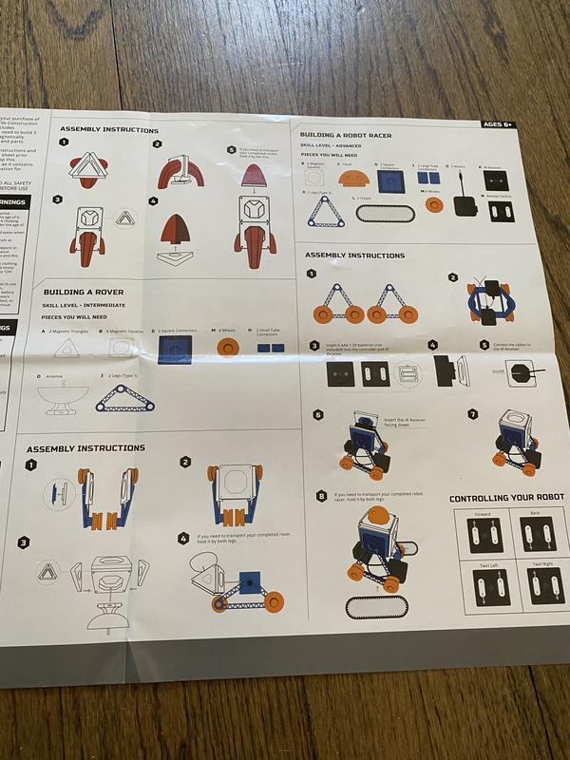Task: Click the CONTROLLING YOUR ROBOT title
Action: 506,498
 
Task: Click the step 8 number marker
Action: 322,495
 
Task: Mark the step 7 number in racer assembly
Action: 472,414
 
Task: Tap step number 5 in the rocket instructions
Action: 231,149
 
